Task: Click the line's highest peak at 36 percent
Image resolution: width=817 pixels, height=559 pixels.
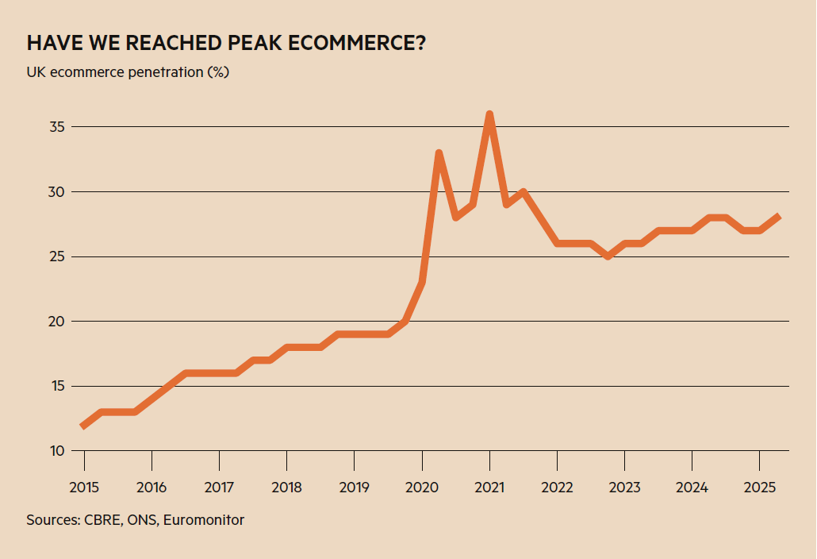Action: pyautogui.click(x=489, y=114)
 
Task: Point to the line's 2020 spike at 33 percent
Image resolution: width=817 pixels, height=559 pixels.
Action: pyautogui.click(x=439, y=152)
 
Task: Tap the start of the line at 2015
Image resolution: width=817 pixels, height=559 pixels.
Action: pyautogui.click(x=83, y=426)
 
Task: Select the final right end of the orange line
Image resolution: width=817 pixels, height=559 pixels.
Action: pyautogui.click(x=777, y=217)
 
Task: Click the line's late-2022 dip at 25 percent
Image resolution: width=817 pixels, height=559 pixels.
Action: pyautogui.click(x=608, y=256)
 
